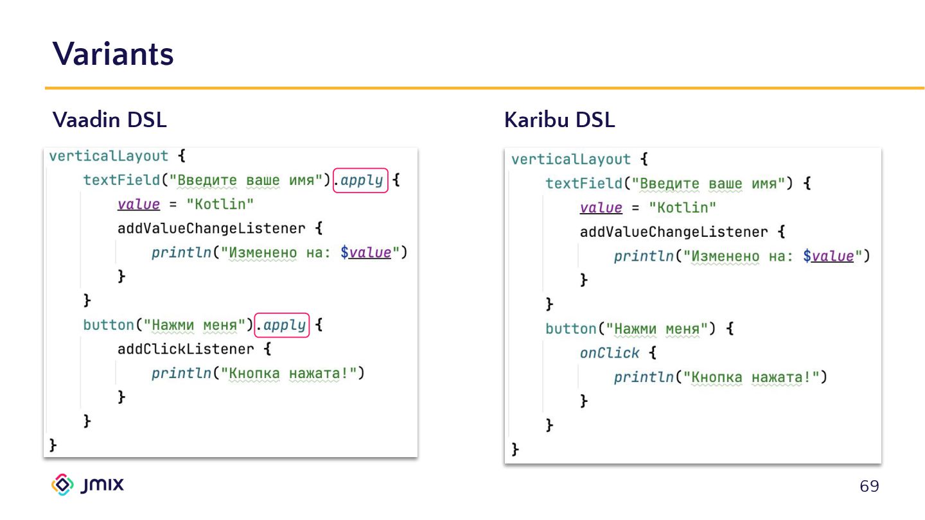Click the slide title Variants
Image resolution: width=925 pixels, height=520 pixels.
coord(113,53)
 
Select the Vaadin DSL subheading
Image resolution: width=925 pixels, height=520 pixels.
coord(109,119)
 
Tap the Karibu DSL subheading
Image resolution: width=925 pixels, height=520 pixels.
coord(559,119)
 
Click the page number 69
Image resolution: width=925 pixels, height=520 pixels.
coord(869,487)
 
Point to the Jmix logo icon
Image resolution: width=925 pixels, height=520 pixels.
coord(63,485)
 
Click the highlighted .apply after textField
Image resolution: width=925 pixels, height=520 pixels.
coord(361,180)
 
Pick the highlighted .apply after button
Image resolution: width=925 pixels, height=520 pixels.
coord(283,325)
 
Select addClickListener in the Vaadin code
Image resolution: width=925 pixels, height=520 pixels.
coord(186,349)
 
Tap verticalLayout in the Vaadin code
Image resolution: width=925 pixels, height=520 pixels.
coord(109,156)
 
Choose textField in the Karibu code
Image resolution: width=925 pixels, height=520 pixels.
coord(584,184)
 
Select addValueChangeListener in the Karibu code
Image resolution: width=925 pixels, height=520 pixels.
coord(674,232)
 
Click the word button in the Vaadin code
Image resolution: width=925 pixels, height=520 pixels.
coord(108,325)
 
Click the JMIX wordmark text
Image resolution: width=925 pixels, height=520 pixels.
coord(103,485)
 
